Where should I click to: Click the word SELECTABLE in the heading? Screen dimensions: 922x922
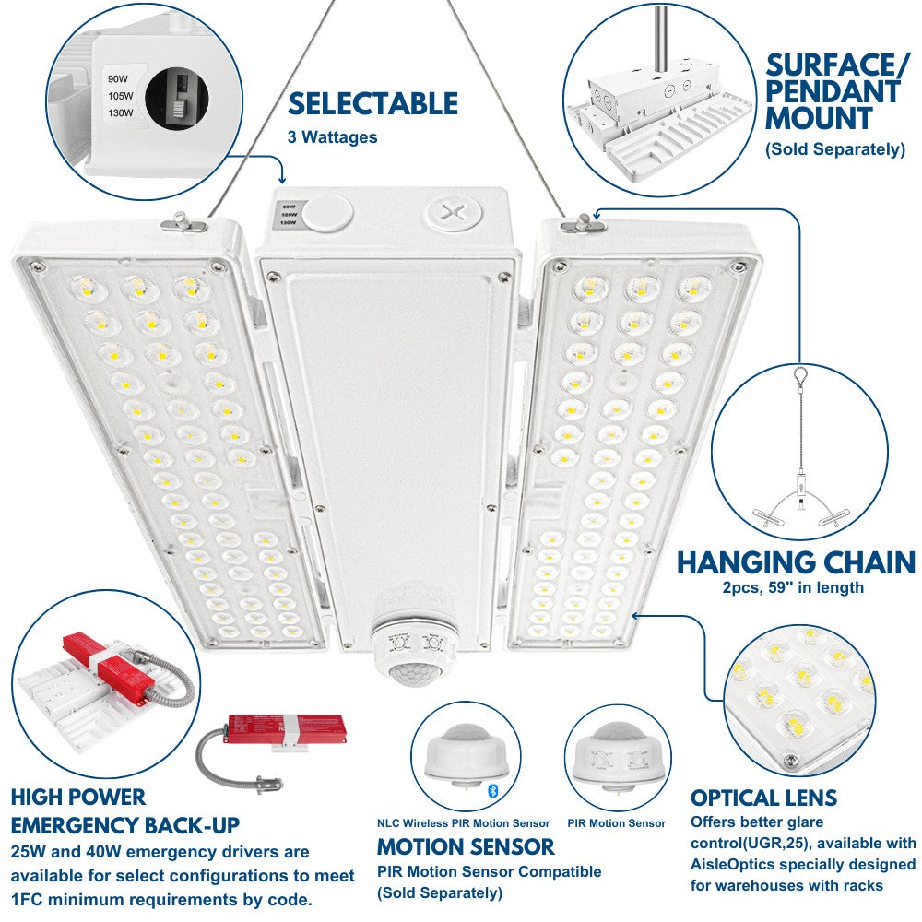pyautogui.click(x=372, y=102)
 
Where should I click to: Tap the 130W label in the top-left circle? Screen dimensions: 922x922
pyautogui.click(x=121, y=113)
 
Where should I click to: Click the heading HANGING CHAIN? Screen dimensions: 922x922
pyautogui.click(x=796, y=561)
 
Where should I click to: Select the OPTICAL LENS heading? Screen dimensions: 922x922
pyautogui.click(x=763, y=798)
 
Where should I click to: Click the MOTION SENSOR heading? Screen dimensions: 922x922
pyautogui.click(x=466, y=845)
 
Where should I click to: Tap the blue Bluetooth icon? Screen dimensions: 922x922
pyautogui.click(x=491, y=790)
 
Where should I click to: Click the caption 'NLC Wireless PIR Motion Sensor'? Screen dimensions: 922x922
pyautogui.click(x=463, y=822)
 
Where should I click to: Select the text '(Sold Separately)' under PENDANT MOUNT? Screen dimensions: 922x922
pyautogui.click(x=834, y=148)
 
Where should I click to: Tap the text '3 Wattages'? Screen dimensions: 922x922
pyautogui.click(x=332, y=137)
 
